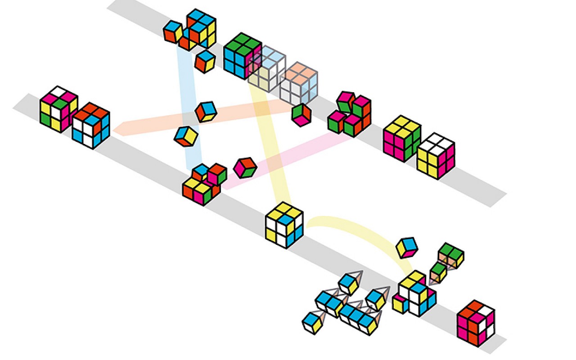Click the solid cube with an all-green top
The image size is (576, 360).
pyautogui.click(x=242, y=55)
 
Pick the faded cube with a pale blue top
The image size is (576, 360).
pyautogui.click(x=268, y=67)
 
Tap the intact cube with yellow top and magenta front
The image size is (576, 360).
pyautogui.click(x=402, y=138)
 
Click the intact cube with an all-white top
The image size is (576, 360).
pyautogui.click(x=435, y=155)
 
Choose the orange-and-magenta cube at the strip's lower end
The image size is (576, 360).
pyautogui.click(x=476, y=323)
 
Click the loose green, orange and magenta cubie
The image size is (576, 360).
pyautogui.click(x=301, y=115)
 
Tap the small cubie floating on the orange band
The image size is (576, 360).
pyautogui.click(x=206, y=111)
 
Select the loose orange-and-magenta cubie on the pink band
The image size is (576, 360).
pyautogui.click(x=245, y=167)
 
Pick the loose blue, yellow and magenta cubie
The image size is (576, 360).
pyautogui.click(x=407, y=247)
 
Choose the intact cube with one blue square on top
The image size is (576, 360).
pyautogui.click(x=284, y=224)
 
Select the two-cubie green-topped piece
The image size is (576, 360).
pyautogui.click(x=450, y=255)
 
